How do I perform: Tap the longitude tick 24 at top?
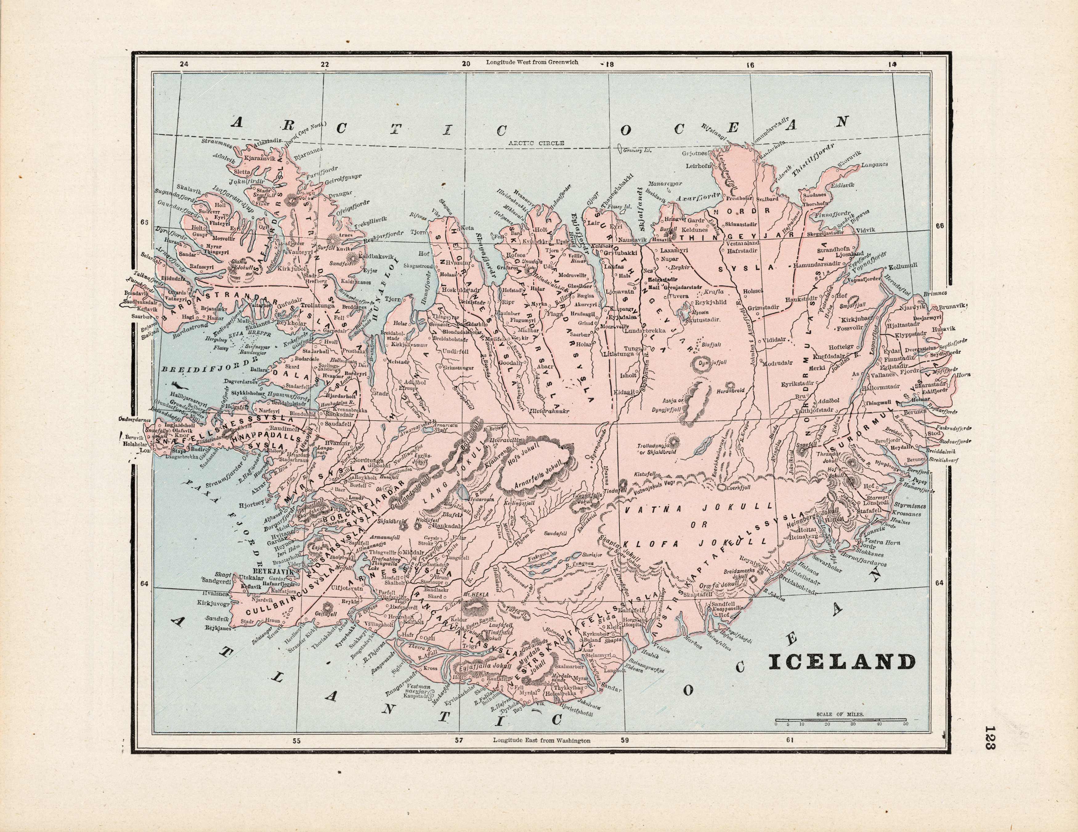[x=184, y=64]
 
